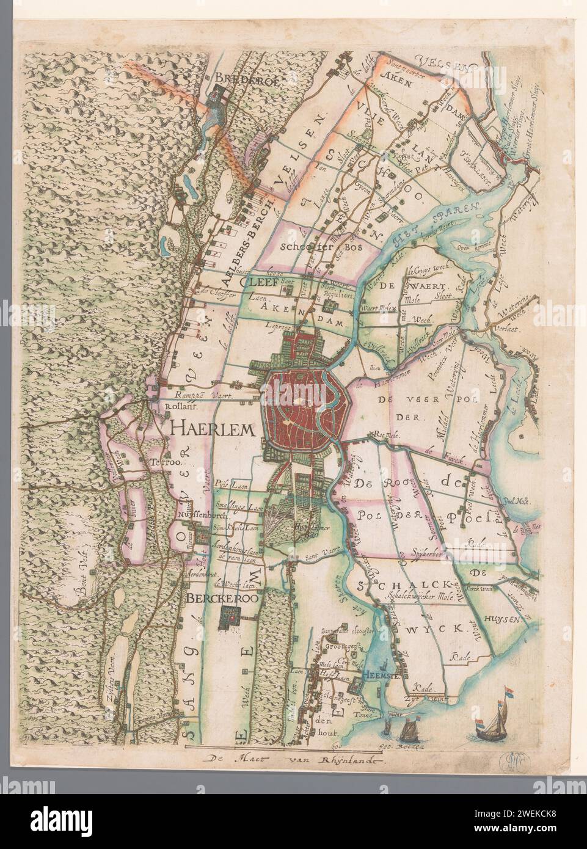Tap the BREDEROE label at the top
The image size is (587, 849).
(x=239, y=78)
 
